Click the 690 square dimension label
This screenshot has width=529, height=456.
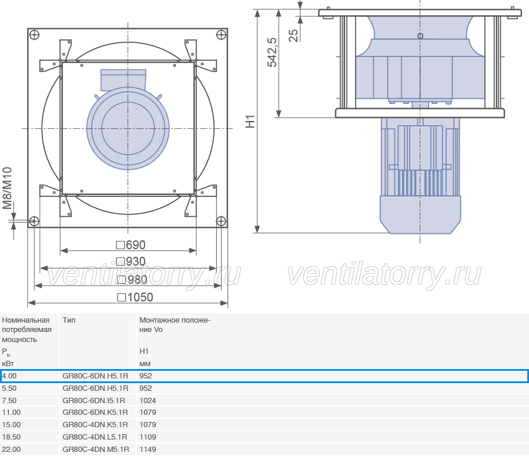pos(131,245)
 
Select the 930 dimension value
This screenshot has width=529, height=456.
pos(131,261)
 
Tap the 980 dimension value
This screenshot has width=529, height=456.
pos(132,280)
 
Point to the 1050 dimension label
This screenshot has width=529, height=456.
pos(135,297)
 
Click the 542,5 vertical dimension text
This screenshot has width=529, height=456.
pos(272,52)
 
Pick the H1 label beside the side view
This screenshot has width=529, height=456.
pos(250,122)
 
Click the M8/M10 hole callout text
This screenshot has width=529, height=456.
pos(7,188)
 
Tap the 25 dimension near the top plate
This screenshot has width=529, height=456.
pos(293,35)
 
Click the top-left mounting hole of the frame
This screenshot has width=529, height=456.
pos(35,35)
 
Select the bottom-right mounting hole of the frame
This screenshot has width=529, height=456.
pos(220,222)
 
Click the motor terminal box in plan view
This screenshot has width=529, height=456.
pos(123,79)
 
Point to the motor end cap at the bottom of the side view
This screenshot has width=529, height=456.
pos(420,214)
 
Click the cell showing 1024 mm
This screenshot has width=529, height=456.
pos(148,400)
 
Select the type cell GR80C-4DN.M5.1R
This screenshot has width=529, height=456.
pos(96,450)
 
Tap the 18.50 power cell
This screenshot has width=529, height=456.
pos(11,437)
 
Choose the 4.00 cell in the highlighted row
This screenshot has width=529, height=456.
pos(9,376)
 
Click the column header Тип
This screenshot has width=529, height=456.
pos(69,320)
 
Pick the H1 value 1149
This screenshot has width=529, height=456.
pos(148,450)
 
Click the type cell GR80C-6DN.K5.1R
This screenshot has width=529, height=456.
pos(95,413)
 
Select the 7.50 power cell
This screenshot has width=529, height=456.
pos(9,400)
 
